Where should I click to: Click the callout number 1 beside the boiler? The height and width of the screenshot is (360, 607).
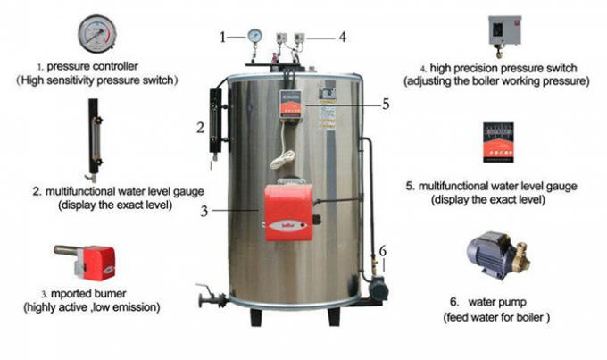(x=222, y=38)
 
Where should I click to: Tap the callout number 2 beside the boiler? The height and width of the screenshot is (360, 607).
(x=200, y=128)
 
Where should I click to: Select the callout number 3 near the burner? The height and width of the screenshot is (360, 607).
(x=204, y=211)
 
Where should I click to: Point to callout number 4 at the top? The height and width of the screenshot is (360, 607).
(x=342, y=37)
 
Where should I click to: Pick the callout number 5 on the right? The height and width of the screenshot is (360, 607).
(x=386, y=104)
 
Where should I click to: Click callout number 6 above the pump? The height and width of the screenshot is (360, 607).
(x=382, y=251)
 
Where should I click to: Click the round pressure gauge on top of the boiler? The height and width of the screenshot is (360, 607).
(x=254, y=35)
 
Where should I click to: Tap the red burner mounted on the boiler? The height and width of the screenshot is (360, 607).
(x=288, y=213)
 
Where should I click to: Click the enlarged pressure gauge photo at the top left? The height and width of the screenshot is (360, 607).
(x=96, y=34)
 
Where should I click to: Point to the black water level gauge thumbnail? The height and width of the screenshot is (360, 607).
(x=94, y=140)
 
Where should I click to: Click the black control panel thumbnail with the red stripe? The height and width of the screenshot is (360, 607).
(x=498, y=142)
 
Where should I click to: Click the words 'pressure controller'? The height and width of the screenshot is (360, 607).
(x=92, y=66)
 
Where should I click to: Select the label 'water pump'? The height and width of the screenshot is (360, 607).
(x=497, y=302)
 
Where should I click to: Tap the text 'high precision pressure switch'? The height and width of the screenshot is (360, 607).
(x=503, y=68)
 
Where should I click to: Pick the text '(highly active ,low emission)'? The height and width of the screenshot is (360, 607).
(x=92, y=307)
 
